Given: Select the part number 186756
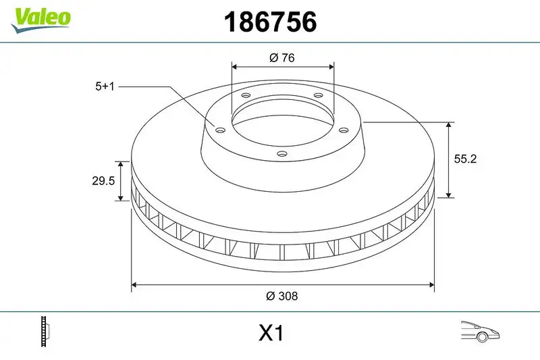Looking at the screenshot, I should pos(269,22).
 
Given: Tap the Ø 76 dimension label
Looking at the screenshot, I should pos(281,58).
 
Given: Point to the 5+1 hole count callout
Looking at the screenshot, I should pos(106,86).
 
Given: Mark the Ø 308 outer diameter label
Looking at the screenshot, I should pos(282,296).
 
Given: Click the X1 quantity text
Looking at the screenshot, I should pos(271,334).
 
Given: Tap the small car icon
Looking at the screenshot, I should pos(479,332).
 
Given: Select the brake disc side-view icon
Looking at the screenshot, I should pos(47,332).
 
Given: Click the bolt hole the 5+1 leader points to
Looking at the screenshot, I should pos(220,130).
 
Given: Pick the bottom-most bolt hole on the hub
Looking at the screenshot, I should pos(281,153).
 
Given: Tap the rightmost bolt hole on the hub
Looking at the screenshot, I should pos(343,130).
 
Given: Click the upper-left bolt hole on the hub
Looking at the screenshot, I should pos(246,96).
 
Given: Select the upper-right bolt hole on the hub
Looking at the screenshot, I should pos(318,96).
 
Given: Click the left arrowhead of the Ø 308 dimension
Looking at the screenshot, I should pos(134,285).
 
